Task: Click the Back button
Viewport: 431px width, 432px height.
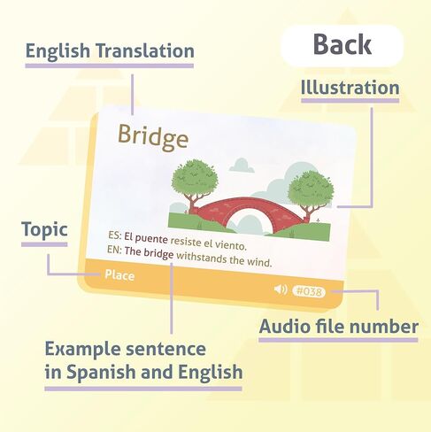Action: coord(342,45)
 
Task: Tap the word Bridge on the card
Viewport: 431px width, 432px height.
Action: coord(153,137)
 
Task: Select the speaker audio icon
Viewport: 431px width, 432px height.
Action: coord(281,289)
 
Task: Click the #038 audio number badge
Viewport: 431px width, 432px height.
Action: coord(309,292)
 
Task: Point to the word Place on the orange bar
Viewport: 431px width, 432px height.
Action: coord(119,275)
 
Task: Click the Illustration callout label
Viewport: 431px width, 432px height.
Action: coord(350,88)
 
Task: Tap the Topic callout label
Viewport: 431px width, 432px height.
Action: coord(44,230)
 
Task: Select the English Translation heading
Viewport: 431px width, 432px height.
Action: coord(110,50)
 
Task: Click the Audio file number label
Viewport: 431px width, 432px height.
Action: coord(339,327)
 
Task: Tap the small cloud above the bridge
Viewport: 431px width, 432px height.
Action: coord(242,166)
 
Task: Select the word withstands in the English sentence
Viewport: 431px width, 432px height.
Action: coord(202,258)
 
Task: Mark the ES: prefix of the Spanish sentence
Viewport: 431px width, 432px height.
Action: coord(115,235)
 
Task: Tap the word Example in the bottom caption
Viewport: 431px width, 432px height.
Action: coord(83,349)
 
